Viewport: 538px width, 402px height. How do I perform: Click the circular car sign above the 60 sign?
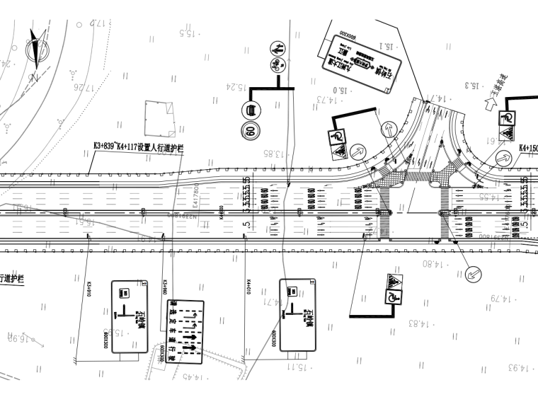click(x=249, y=110)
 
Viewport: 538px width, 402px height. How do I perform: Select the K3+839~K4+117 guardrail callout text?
click(x=139, y=147)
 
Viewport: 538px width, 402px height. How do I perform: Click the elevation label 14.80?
click(x=433, y=265)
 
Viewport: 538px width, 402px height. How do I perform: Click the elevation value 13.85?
click(x=273, y=153)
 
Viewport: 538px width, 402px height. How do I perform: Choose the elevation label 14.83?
click(x=420, y=323)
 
